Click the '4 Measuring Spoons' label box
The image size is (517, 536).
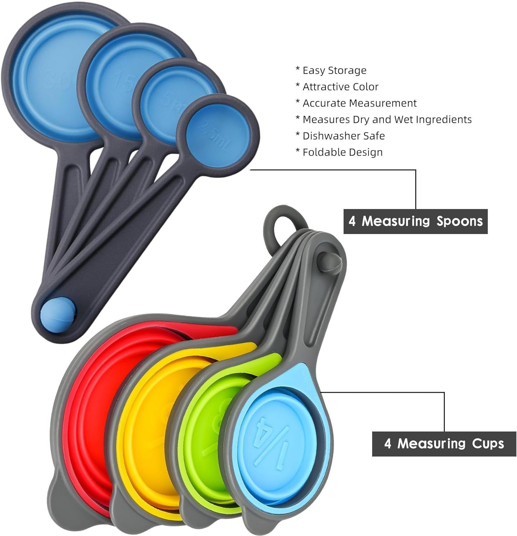coord(415,222)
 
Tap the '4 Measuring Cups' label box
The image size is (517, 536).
coord(444,444)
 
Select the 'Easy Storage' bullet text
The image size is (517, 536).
coord(334,70)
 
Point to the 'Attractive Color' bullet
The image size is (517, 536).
coord(340,87)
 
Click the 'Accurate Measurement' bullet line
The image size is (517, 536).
coord(359,103)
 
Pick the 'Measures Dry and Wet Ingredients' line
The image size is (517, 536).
coord(387,120)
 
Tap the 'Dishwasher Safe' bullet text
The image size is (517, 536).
coord(343,136)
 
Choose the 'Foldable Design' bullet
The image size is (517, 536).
coord(342,153)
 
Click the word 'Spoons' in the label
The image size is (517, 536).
coord(460,222)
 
